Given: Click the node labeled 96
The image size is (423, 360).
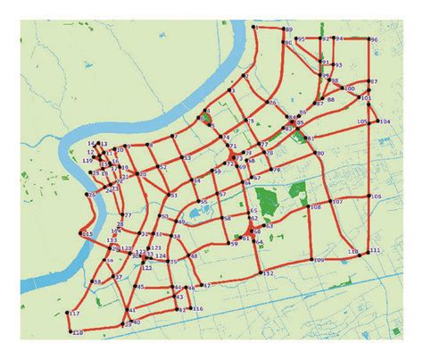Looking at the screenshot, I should [368, 40].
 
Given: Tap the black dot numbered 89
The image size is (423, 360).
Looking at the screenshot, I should [284, 31].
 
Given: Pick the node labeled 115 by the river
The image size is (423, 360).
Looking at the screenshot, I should [81, 236].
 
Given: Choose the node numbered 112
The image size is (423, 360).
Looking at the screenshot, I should [261, 272].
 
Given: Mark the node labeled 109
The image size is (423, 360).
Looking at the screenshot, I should [311, 259].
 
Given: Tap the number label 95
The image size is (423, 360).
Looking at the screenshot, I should [301, 39].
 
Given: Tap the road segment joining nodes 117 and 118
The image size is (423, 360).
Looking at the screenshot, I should [69, 322].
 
